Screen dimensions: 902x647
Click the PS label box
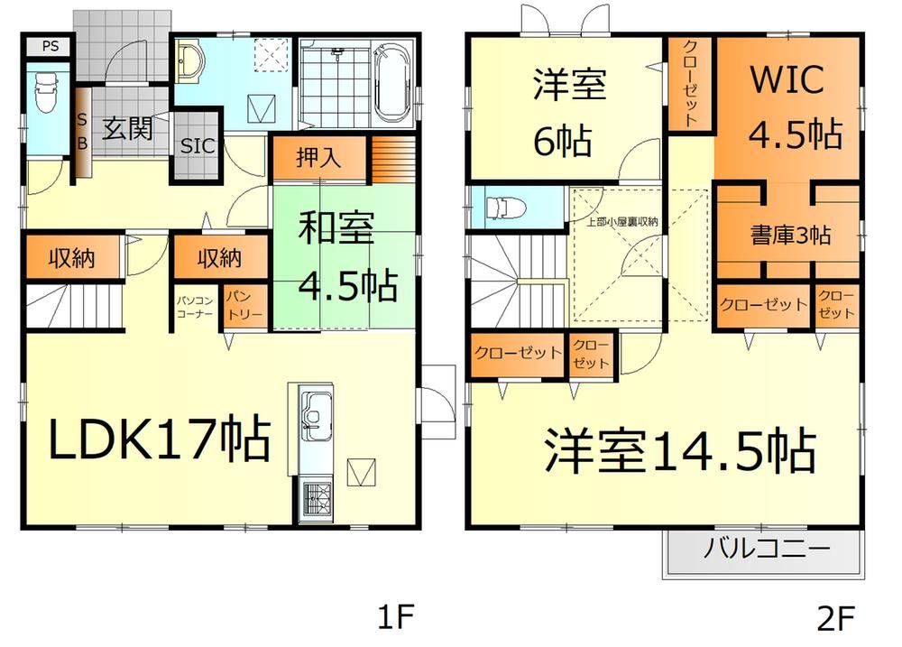[50, 46]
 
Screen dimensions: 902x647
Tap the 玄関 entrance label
[128, 128]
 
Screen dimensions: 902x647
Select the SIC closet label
[198, 146]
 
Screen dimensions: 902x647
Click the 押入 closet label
[318, 158]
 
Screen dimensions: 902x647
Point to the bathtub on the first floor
[393, 82]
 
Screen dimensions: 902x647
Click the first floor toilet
[47, 92]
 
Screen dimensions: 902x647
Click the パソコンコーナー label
[195, 307]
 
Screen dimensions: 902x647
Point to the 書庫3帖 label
[790, 235]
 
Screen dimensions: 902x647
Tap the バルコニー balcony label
[766, 548]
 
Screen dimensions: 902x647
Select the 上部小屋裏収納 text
[621, 222]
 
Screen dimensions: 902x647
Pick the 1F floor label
[396, 617]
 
